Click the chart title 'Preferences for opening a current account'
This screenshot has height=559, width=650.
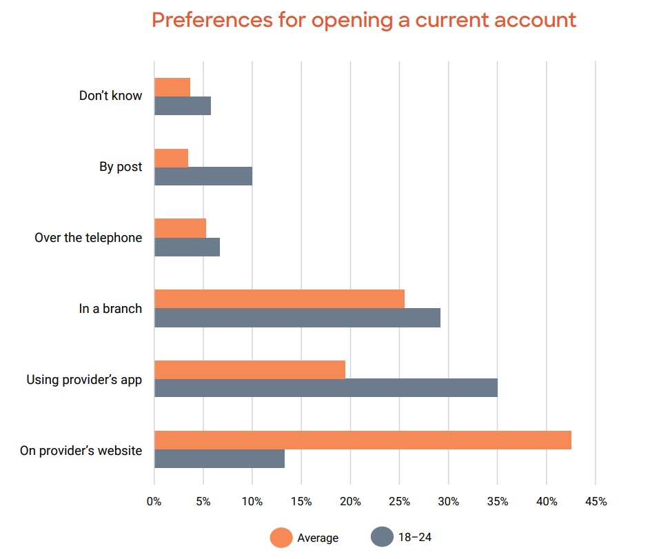(x=363, y=20)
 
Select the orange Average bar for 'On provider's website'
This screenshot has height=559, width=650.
(x=363, y=440)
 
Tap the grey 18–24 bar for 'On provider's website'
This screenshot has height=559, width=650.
(x=219, y=459)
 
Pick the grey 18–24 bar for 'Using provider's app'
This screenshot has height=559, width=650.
(x=326, y=388)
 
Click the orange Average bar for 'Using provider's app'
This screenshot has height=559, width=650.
(x=250, y=369)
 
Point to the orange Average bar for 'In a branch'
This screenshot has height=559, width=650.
(x=279, y=299)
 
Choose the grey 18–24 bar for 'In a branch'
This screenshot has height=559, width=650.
(x=297, y=318)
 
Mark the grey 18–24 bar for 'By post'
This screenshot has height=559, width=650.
(x=203, y=176)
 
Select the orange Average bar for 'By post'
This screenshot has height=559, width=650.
(x=171, y=158)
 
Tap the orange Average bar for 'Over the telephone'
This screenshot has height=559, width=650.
(x=180, y=228)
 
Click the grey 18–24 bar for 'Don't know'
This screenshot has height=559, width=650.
(x=183, y=106)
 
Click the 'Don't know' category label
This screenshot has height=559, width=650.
(x=110, y=96)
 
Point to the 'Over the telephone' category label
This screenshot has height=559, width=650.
(x=88, y=238)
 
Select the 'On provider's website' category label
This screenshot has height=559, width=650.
(x=81, y=451)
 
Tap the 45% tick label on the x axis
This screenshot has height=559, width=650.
(x=596, y=502)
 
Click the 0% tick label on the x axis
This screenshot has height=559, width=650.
(x=154, y=502)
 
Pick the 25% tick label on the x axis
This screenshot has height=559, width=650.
(x=400, y=502)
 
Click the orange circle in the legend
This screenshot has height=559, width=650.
(x=281, y=537)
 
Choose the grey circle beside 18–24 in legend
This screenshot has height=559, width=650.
(x=382, y=537)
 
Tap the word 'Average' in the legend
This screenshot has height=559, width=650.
(x=318, y=538)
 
